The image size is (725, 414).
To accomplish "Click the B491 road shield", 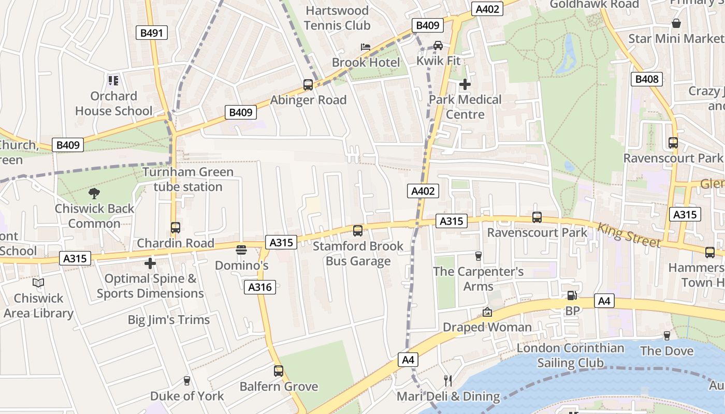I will [152, 33].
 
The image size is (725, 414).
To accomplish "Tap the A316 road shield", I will [260, 287].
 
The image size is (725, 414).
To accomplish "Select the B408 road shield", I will [647, 79].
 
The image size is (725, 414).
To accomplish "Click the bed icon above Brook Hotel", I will [366, 47].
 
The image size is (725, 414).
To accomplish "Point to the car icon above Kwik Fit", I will [438, 45].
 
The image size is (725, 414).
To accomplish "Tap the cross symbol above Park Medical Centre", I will [465, 84].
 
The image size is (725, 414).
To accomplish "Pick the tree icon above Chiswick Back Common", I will [94, 194].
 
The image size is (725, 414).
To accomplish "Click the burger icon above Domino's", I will [241, 250].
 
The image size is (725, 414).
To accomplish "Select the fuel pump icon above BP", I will [572, 295].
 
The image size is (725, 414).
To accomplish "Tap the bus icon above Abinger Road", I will [308, 85].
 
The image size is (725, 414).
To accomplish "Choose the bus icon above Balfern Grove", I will [279, 371].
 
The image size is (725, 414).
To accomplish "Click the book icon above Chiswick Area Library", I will [38, 283].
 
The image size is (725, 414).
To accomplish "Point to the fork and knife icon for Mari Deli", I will [448, 381].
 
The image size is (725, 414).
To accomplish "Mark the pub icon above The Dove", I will [666, 335].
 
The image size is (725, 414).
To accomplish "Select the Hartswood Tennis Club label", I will [337, 18].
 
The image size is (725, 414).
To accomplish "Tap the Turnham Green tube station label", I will [188, 179].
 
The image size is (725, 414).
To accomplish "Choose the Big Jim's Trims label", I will [169, 320].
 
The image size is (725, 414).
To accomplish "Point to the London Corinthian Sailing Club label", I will [570, 356].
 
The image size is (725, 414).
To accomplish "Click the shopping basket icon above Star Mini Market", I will [676, 23].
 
